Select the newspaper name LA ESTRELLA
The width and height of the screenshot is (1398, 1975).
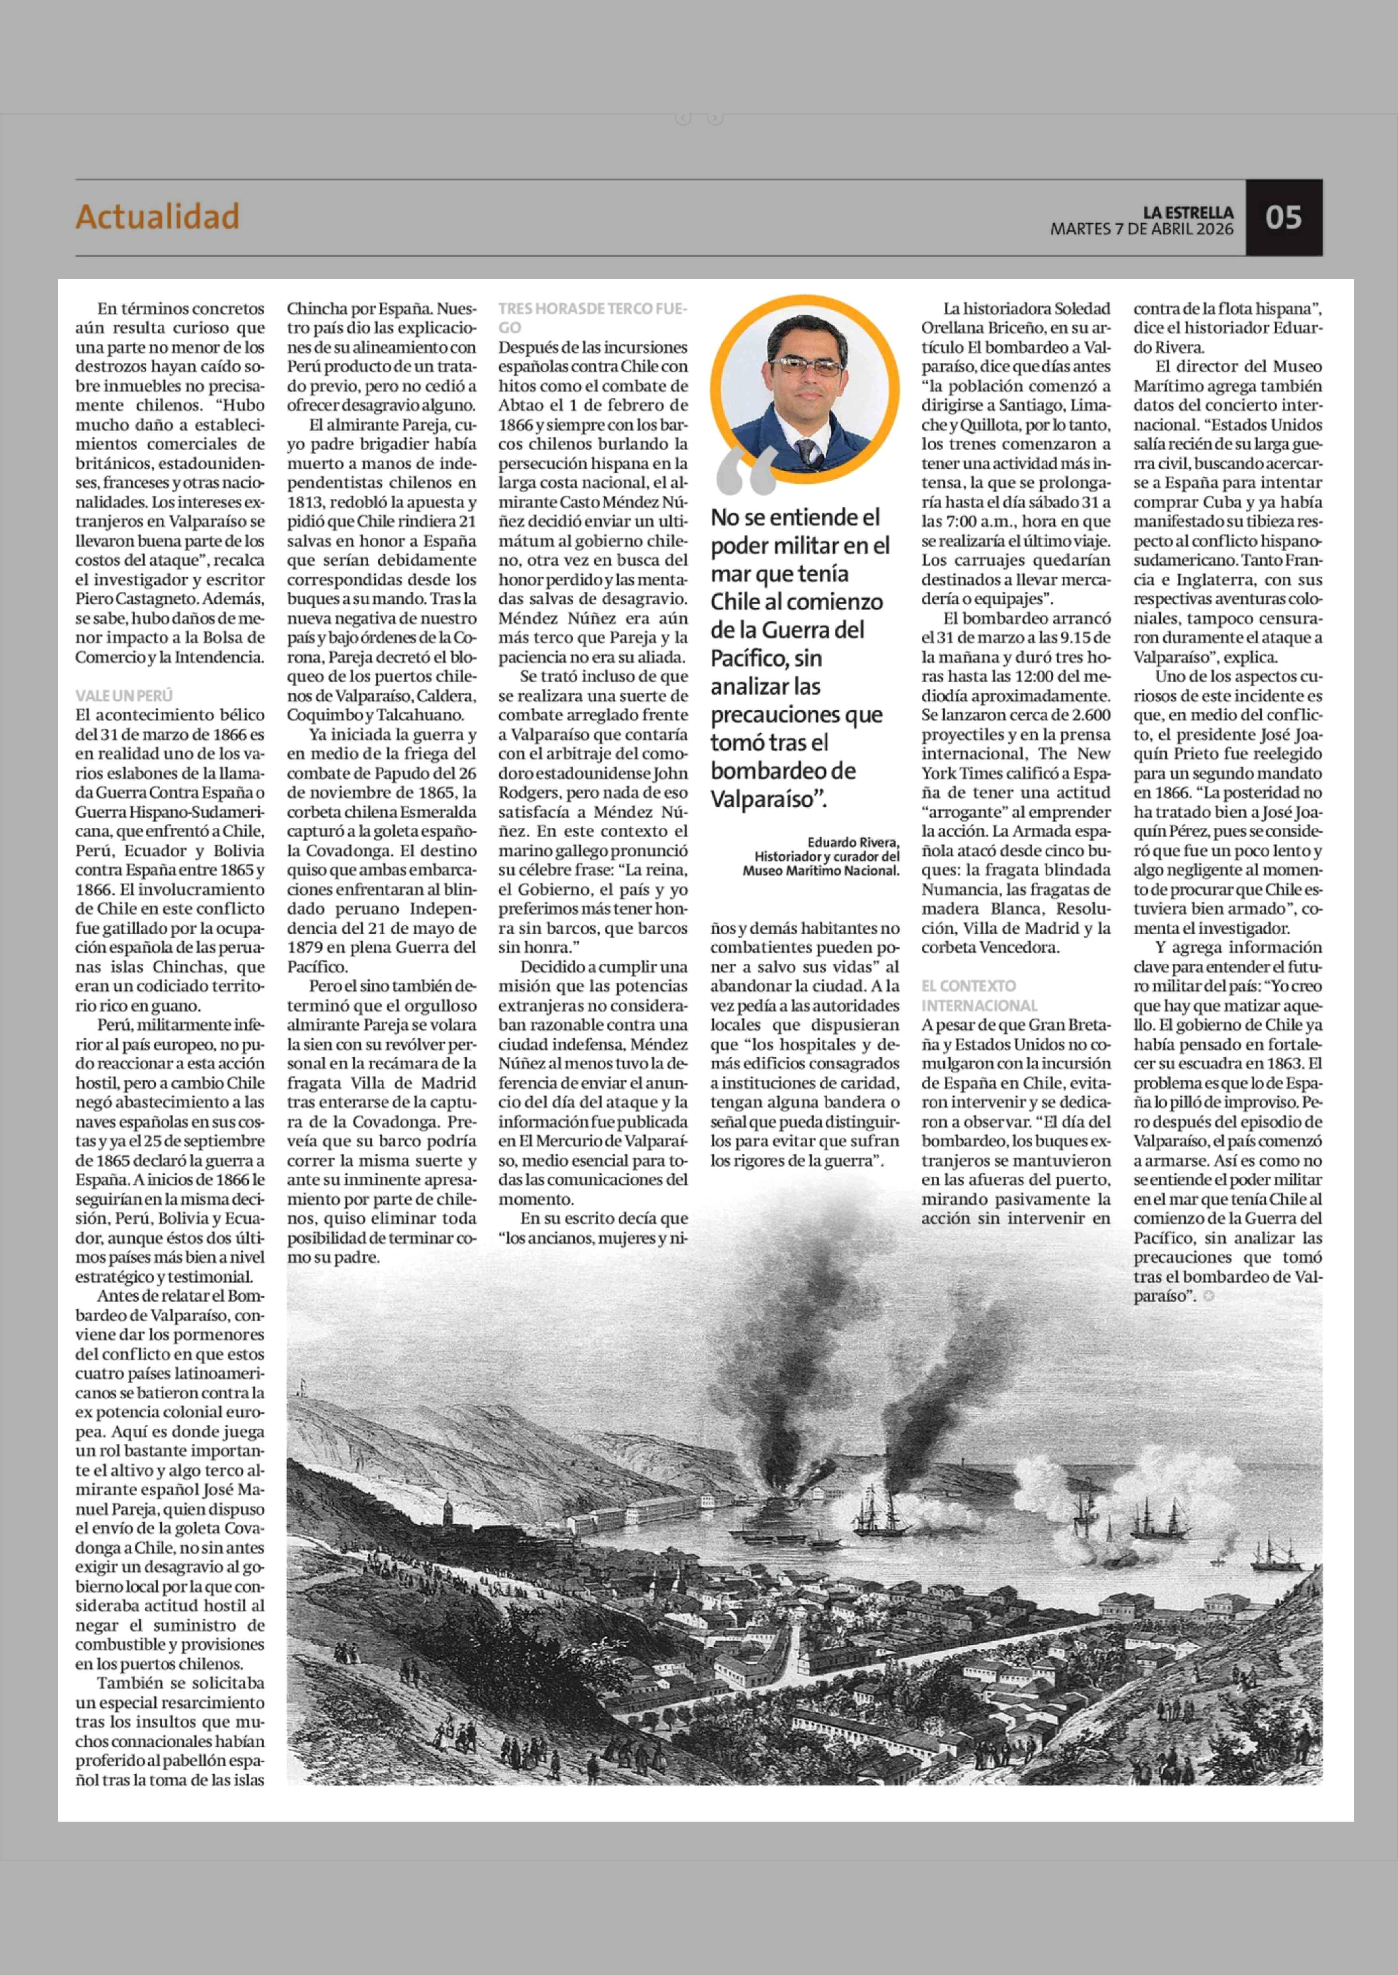pyautogui.click(x=1188, y=212)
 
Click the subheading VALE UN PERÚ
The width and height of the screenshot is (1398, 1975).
pyautogui.click(x=124, y=696)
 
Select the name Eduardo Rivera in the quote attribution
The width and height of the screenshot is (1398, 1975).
pyautogui.click(x=852, y=843)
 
